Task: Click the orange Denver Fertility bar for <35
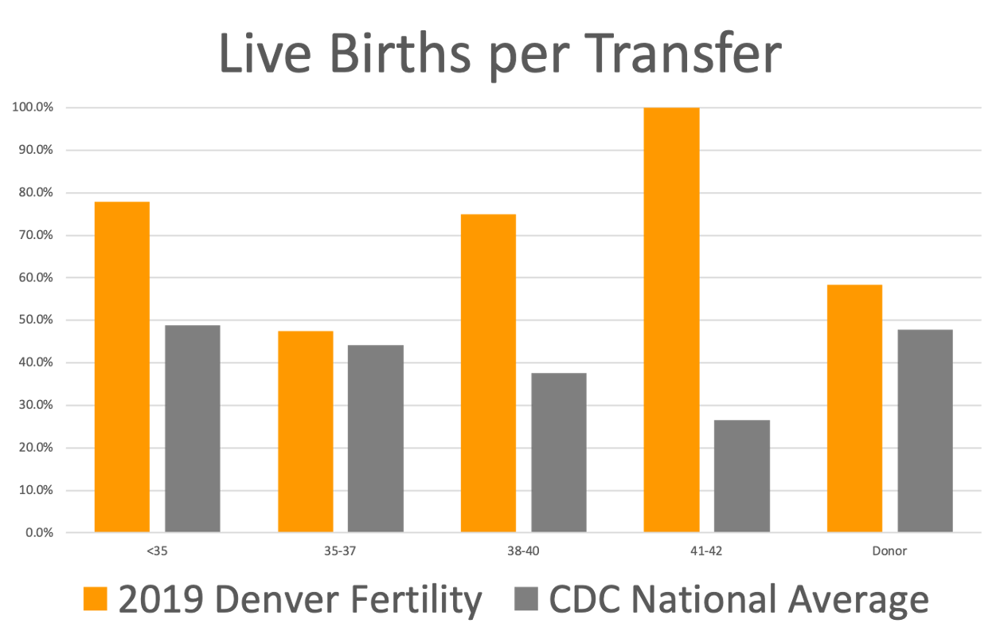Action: coord(122,367)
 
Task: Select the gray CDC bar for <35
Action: coord(192,429)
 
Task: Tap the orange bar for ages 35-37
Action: coord(305,431)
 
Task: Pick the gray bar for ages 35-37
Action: coord(375,438)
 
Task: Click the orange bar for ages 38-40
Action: coord(488,373)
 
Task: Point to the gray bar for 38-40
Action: coord(558,452)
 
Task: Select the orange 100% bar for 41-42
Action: coord(671,319)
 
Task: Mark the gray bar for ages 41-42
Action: coord(741,476)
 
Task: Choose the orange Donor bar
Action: coord(854,408)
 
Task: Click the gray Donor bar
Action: coord(924,430)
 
